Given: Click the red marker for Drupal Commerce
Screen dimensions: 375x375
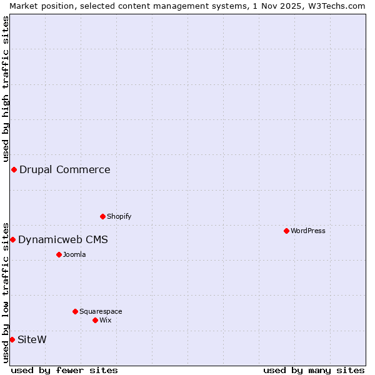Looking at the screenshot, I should pos(14,170).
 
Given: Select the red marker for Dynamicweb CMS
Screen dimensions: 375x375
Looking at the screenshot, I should pos(12,240).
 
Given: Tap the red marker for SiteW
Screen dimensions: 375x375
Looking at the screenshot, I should pos(12,340).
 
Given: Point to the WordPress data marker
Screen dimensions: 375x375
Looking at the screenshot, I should pos(287,231).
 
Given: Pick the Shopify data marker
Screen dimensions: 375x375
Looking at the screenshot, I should pos(103,217).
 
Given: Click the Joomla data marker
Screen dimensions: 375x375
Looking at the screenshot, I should pos(59,255).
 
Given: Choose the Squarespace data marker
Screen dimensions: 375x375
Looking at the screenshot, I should pos(76,312).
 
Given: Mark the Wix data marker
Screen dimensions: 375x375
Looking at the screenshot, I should pos(96,321).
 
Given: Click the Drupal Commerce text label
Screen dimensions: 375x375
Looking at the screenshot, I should pos(65,170).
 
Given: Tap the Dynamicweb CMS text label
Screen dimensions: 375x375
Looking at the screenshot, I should pos(63,240).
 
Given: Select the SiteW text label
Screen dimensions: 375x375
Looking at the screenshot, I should pos(32,340).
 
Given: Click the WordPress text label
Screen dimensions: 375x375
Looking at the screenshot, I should pos(308,231).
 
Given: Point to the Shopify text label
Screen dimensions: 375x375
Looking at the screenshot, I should pos(119,217).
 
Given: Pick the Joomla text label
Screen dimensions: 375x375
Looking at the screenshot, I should pos(74,255).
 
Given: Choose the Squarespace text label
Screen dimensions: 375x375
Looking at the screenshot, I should pos(101,312).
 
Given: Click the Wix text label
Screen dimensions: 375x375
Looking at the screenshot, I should pos(106,321).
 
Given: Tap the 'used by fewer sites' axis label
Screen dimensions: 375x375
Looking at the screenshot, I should pos(64,371).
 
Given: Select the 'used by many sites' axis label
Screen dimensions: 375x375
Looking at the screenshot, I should pos(314,371).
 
